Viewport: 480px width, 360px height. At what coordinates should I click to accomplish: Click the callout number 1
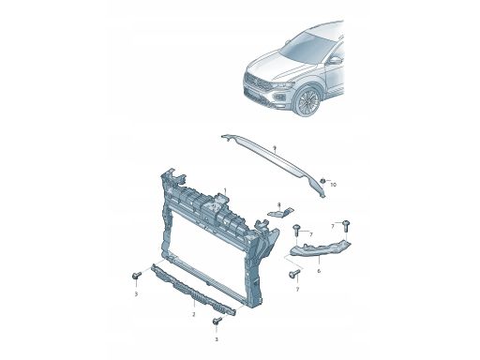point(225,189)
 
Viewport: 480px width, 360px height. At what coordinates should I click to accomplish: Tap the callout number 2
point(194,314)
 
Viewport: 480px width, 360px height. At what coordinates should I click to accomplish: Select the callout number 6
point(319,271)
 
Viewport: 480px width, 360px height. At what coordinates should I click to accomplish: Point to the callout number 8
point(279,204)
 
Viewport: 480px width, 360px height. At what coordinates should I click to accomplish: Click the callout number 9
point(274,148)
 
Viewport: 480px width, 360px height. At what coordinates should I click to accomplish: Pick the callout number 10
point(334,185)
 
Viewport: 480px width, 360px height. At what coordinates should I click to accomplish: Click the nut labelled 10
point(322,180)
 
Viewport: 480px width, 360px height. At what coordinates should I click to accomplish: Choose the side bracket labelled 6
point(320,248)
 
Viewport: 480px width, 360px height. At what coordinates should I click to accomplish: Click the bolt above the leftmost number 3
point(136,276)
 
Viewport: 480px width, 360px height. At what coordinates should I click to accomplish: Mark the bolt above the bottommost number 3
point(217,321)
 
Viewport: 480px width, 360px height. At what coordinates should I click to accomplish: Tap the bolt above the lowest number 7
point(294,274)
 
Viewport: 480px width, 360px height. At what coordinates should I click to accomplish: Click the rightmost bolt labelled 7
point(346,226)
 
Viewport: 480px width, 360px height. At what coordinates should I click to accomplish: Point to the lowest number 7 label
point(297,290)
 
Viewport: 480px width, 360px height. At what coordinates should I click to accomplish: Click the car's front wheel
point(308,101)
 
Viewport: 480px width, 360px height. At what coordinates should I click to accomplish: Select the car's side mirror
point(335,60)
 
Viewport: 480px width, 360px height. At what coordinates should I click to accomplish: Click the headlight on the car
point(283,85)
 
